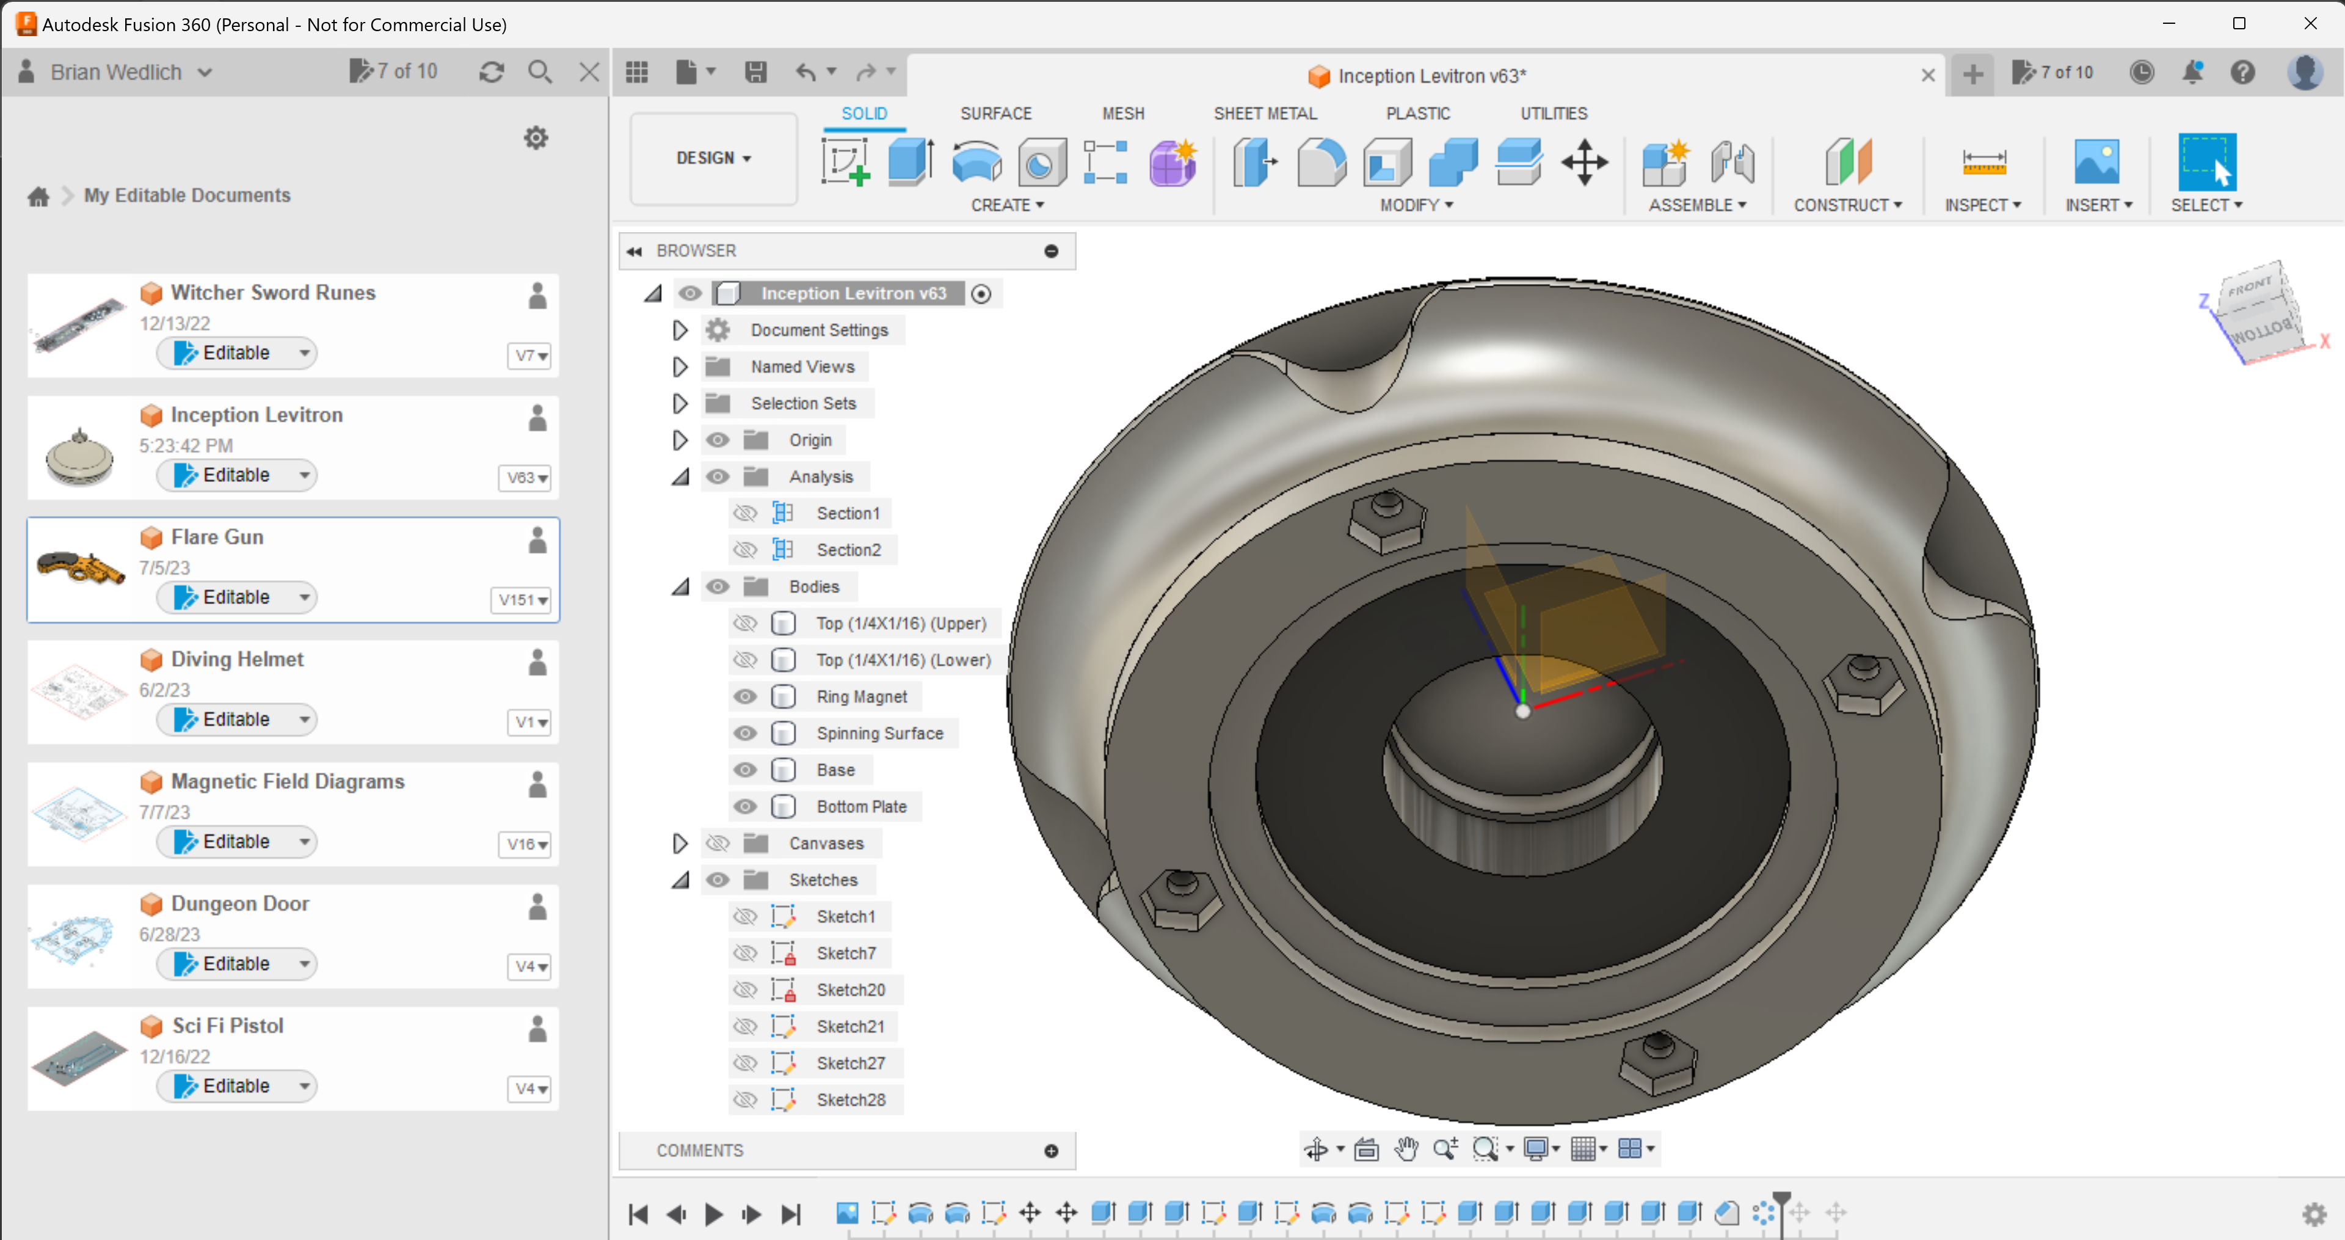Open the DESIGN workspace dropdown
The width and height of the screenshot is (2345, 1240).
[713, 158]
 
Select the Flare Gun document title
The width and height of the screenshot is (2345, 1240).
[217, 537]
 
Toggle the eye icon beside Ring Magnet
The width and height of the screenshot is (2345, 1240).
[744, 696]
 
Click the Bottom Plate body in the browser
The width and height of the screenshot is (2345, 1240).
[860, 807]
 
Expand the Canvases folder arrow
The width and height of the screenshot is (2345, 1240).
[679, 843]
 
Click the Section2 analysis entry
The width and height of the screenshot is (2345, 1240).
[848, 550]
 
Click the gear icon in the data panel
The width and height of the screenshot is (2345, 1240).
[536, 139]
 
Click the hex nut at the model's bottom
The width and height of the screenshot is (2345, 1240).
[1658, 1060]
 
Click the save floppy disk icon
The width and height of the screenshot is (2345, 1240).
[755, 72]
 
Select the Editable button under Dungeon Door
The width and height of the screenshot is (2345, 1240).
[235, 963]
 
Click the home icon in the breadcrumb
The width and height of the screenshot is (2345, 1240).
[38, 195]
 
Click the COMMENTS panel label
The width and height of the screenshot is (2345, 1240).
[699, 1151]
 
